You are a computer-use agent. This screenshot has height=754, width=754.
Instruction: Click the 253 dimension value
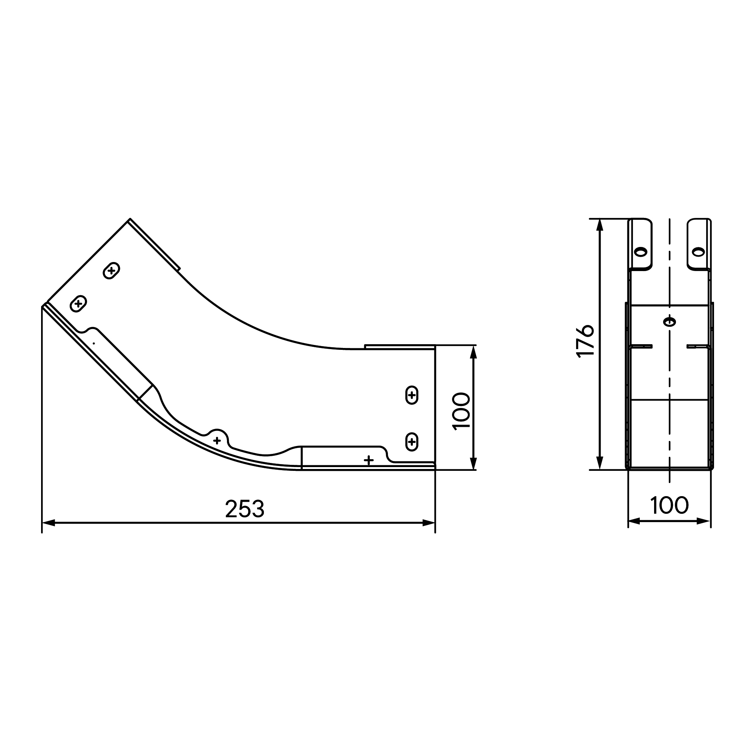pos(245,509)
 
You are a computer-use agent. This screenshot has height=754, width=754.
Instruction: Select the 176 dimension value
pos(585,340)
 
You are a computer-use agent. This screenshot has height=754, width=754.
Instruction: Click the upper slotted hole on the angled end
pos(111,270)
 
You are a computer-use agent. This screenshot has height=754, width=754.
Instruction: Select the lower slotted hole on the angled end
pos(78,303)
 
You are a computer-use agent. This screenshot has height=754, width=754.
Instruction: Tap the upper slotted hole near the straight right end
pos(412,395)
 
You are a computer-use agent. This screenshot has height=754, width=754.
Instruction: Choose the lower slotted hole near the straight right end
pos(412,442)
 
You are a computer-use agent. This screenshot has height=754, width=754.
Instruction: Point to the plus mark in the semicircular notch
pos(217,441)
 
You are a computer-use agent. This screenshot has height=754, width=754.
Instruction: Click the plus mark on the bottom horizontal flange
pos(368,460)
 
